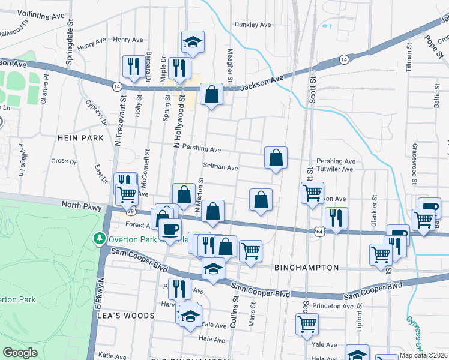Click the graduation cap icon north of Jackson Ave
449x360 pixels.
pos(193,43)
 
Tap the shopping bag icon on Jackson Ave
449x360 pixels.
pos(211,95)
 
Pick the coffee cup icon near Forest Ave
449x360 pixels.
pos(170,230)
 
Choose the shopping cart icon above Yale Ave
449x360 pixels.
pos(307,325)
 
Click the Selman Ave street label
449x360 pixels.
pos(221,167)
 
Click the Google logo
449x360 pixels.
pos(20,353)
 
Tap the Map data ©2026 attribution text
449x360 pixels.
pos(423,355)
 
